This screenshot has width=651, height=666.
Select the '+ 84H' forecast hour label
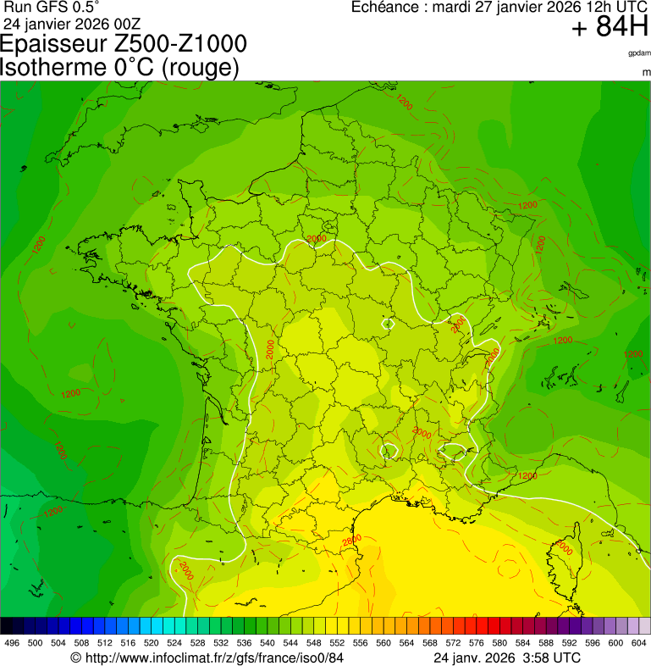(x=610, y=28)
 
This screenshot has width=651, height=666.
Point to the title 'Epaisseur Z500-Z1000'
(x=124, y=44)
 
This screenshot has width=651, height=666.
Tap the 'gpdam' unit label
(x=639, y=53)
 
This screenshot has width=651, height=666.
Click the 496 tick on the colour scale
(x=12, y=643)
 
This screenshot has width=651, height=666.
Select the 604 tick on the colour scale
(x=639, y=643)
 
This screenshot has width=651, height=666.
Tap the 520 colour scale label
(x=151, y=643)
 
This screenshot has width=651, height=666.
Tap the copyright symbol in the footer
(x=75, y=658)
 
